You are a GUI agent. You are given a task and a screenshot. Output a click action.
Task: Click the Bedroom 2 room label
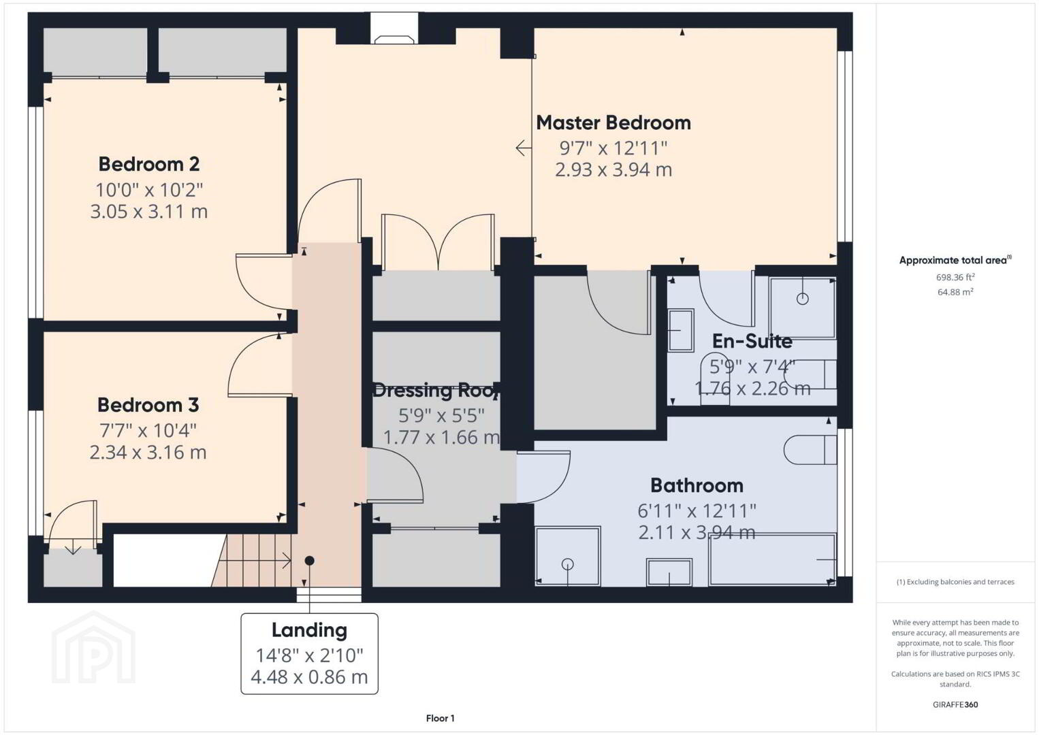[149, 164]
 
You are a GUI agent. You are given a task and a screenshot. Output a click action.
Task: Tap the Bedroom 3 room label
[148, 405]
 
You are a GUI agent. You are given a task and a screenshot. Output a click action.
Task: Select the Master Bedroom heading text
[613, 123]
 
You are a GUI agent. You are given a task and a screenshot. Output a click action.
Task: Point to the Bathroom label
[697, 485]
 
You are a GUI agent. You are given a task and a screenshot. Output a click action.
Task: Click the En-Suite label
[752, 342]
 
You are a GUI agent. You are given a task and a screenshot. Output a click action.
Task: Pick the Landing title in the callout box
[309, 630]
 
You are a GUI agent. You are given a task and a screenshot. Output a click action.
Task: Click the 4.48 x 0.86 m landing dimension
[309, 677]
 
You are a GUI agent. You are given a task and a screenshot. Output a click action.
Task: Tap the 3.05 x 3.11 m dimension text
[149, 212]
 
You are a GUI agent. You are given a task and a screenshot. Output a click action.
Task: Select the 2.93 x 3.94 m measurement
[613, 169]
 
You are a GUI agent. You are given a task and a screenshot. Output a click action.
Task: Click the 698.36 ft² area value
[955, 277]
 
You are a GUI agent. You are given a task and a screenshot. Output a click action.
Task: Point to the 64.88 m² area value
[955, 292]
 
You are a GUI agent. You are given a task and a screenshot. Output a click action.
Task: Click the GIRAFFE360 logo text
[955, 705]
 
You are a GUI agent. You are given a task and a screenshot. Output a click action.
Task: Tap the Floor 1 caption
[441, 718]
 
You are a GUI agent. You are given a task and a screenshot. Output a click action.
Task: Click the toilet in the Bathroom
[810, 449]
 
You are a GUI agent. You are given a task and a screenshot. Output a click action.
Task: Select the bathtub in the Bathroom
[772, 559]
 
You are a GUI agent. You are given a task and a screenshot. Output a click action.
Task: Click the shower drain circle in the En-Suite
[803, 299]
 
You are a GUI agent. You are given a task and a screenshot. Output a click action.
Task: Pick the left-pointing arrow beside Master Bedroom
[524, 148]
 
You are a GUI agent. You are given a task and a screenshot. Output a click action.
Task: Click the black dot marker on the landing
[309, 561]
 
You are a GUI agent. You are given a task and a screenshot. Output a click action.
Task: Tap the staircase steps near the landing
[253, 560]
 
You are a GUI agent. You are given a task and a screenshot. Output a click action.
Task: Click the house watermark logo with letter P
[93, 647]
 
